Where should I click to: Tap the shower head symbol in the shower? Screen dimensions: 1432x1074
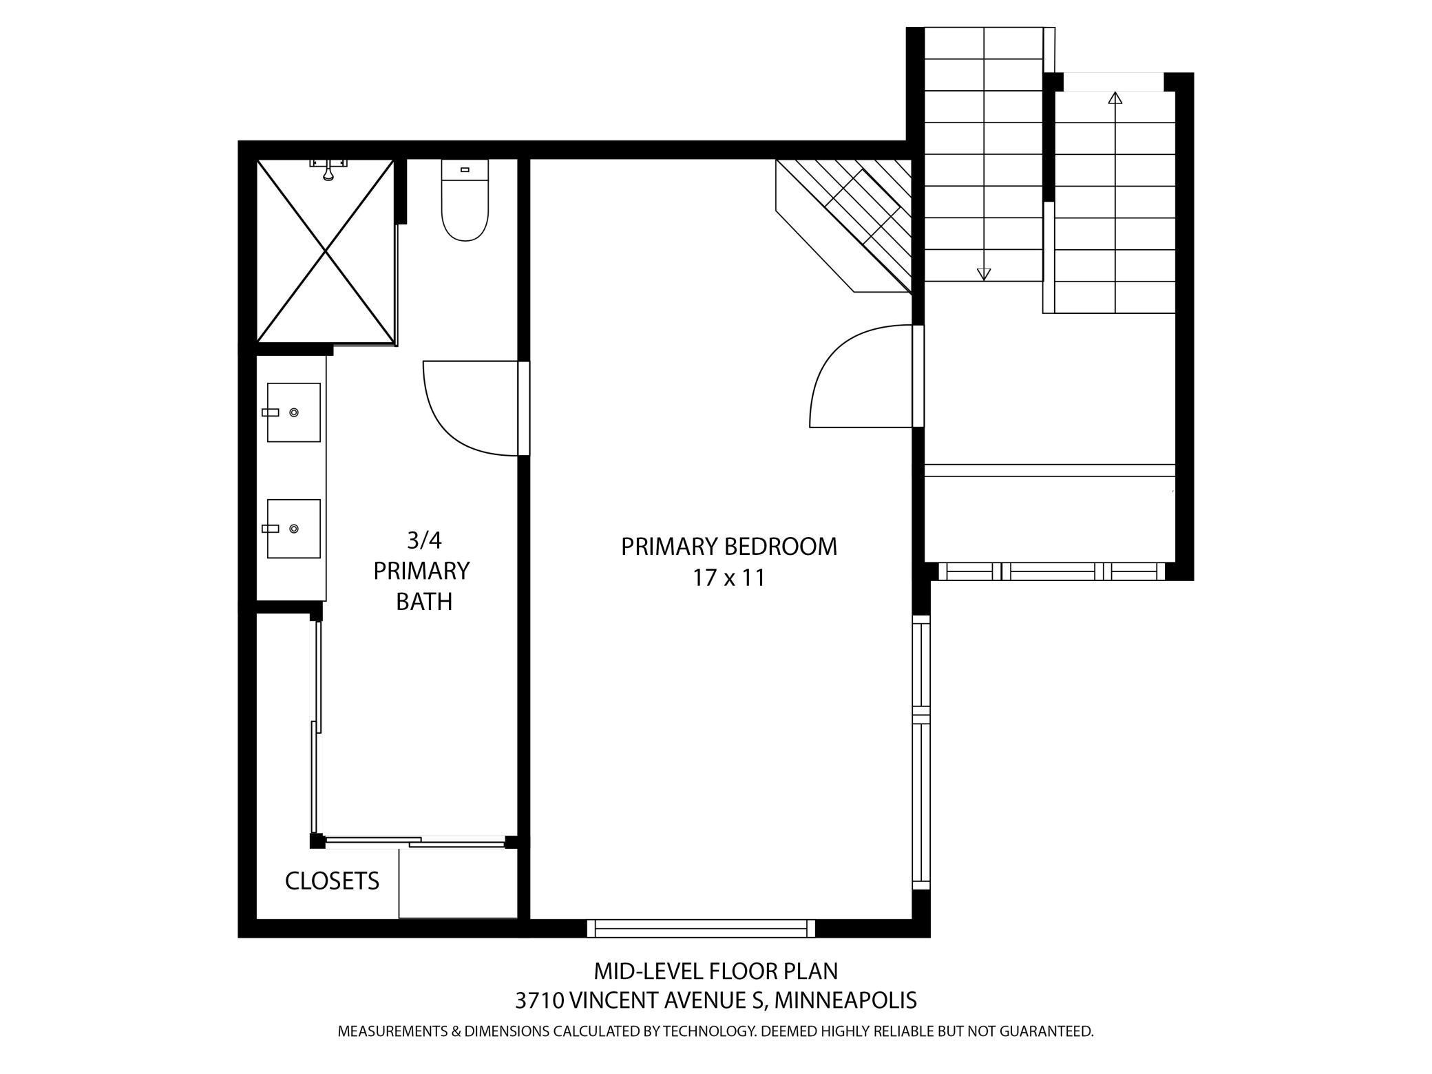328,169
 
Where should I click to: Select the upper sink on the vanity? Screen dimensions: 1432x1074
293,412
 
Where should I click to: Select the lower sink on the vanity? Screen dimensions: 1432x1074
293,529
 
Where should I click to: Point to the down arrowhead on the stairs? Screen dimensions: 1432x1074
984,274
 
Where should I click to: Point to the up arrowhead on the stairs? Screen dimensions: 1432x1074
1115,98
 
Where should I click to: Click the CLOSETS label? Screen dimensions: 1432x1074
332,881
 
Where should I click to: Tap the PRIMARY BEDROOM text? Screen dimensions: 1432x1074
729,546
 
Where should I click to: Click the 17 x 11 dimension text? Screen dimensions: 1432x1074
729,577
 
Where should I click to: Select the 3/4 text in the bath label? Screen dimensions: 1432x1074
423,540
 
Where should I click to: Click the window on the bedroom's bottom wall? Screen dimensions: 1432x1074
701,928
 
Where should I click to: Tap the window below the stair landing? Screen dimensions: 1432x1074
1052,571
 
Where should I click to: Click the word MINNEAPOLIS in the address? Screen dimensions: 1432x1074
845,1000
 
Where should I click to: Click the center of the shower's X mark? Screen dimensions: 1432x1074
325,251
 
